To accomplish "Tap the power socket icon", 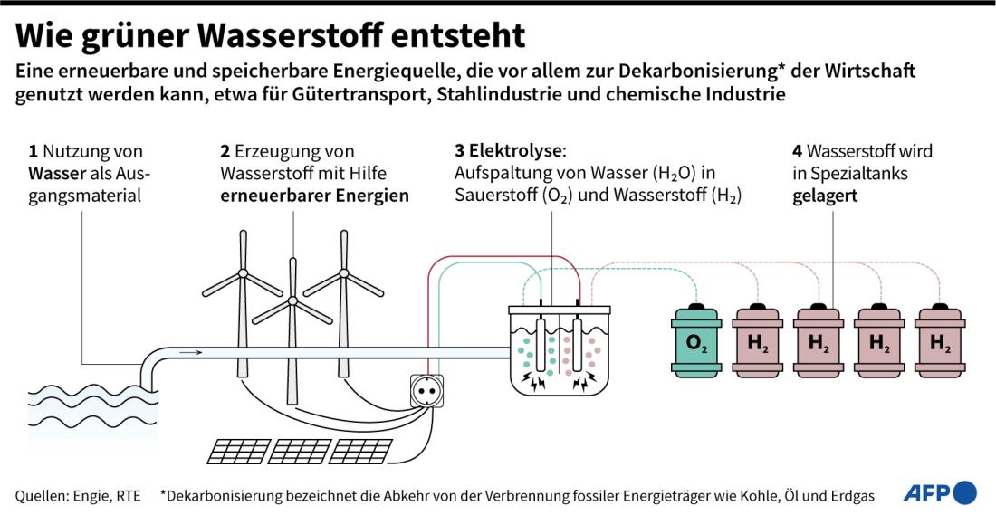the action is tap(425, 390).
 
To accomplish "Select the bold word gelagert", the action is tap(825, 196).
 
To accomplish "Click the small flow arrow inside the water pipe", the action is tap(190, 352).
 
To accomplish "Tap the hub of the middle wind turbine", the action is tap(292, 300).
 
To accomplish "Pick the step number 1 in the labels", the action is tap(33, 152).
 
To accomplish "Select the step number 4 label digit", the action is tap(797, 152).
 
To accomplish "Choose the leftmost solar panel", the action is tap(235, 451).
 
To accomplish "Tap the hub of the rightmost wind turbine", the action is tap(344, 273).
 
